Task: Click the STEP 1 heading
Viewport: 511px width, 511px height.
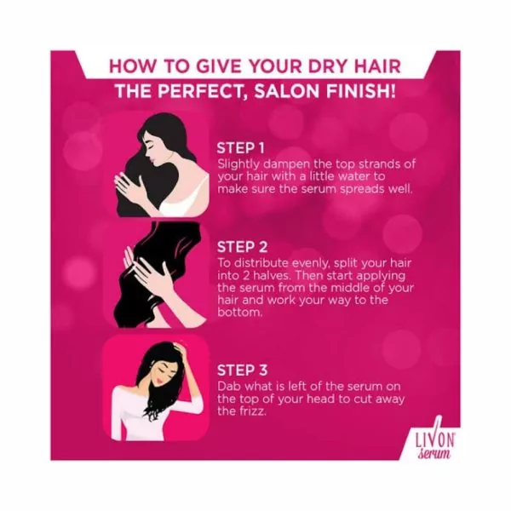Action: click(x=242, y=146)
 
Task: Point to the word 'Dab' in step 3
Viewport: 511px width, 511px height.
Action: click(x=227, y=386)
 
